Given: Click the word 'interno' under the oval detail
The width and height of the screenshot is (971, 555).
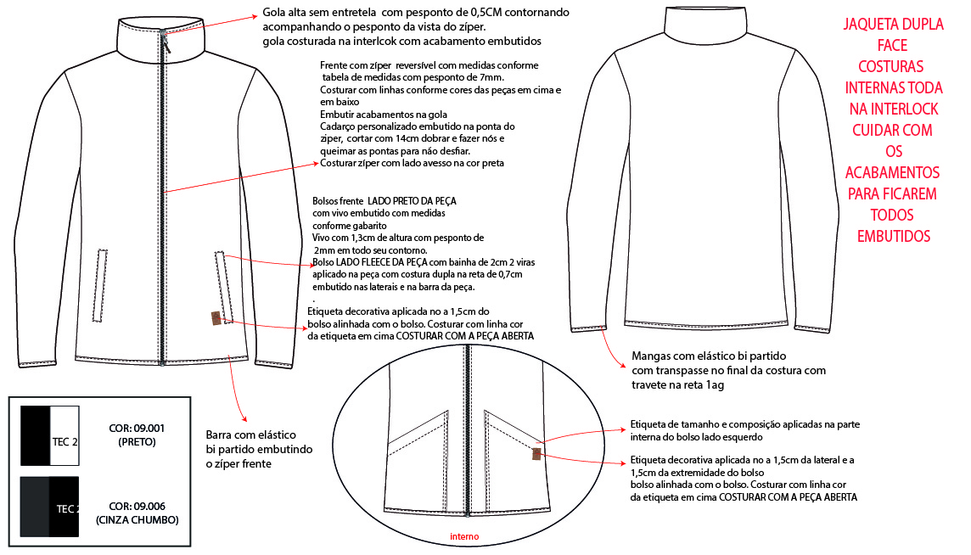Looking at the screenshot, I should click(464, 536).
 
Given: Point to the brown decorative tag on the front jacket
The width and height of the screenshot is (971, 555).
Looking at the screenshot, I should click(216, 319).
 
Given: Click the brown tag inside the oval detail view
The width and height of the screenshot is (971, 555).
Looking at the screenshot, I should click(536, 453).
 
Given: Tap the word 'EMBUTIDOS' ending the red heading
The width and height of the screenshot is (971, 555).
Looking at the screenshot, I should click(894, 236).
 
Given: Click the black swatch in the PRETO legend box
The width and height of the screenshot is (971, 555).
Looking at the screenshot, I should click(35, 435).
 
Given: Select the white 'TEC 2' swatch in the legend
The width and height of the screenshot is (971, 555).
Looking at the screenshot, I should click(65, 435).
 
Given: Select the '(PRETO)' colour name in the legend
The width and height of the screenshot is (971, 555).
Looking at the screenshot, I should click(134, 441).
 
